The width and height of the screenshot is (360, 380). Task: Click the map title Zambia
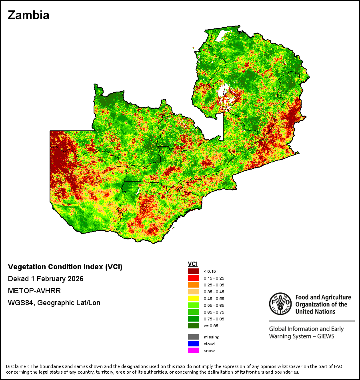[x=29, y=15]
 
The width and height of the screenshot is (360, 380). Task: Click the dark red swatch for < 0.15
[x=194, y=271]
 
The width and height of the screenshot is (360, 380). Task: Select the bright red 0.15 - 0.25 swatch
[x=194, y=278]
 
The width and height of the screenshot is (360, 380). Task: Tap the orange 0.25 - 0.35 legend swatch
[x=194, y=285]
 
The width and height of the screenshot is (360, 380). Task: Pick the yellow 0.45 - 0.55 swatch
[x=194, y=298]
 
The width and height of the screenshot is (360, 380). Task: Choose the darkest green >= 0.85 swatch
[x=194, y=326]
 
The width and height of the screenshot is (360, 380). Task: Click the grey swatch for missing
[x=194, y=337]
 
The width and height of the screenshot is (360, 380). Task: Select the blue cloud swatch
[x=194, y=344]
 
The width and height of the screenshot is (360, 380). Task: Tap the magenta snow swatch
[x=194, y=350]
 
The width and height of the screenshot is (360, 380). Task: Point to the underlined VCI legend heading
[x=193, y=264]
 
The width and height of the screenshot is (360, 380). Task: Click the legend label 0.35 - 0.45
[x=214, y=292]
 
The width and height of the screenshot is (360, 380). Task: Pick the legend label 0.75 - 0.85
[x=214, y=319]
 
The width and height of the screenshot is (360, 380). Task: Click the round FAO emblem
[x=280, y=304]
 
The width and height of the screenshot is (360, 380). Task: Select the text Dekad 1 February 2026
[x=46, y=279]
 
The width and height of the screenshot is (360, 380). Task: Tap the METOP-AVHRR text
[x=34, y=290]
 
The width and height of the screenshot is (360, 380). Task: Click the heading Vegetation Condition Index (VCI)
[x=65, y=266]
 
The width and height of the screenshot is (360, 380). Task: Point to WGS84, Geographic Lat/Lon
[x=54, y=303]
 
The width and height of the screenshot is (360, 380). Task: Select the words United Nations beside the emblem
[x=315, y=312]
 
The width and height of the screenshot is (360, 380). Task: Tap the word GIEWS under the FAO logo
[x=326, y=336]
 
